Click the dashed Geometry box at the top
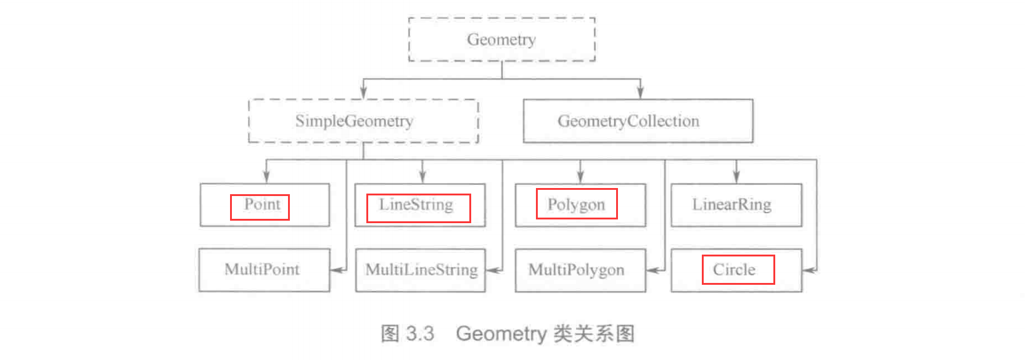pyautogui.click(x=501, y=39)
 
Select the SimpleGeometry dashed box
pyautogui.click(x=363, y=121)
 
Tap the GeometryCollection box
pyautogui.click(x=638, y=121)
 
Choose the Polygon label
pyautogui.click(x=576, y=204)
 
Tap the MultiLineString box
pyautogui.click(x=421, y=270)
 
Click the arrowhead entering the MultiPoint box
pyautogui.click(x=337, y=270)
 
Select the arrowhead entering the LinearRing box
pyautogui.click(x=736, y=176)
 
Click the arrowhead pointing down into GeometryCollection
pyautogui.click(x=640, y=92)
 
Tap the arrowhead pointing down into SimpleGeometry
pyautogui.click(x=363, y=92)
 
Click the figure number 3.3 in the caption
pyautogui.click(x=420, y=333)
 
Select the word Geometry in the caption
pyautogui.click(x=501, y=333)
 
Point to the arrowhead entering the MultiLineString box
pyautogui.click(x=493, y=270)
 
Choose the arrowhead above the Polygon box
pyautogui.click(x=580, y=176)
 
